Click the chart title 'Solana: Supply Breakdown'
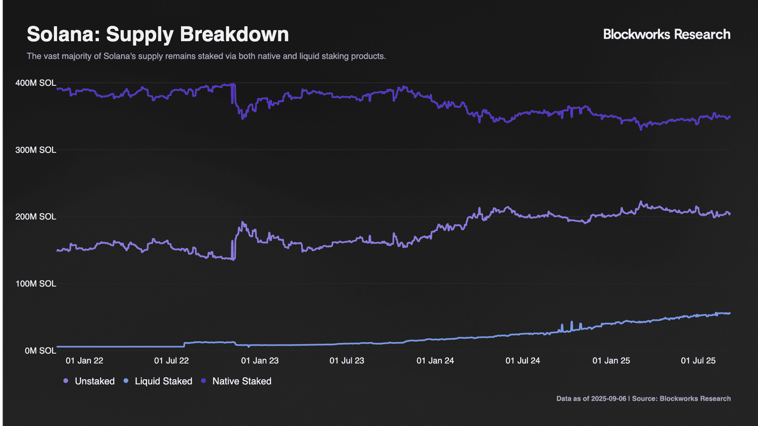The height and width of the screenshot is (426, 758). (x=158, y=35)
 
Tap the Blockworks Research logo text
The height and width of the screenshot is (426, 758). (x=667, y=34)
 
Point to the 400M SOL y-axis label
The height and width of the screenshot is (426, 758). (x=36, y=83)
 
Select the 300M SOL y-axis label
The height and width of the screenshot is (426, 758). (x=36, y=150)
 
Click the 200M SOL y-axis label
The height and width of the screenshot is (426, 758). (x=36, y=217)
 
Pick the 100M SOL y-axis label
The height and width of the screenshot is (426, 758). (x=36, y=284)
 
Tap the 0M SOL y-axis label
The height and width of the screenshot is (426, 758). (x=40, y=351)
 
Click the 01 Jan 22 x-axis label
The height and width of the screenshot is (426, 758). (x=84, y=361)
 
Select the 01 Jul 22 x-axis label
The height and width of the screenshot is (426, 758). (x=171, y=361)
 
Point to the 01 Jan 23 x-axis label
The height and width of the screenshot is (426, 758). (x=260, y=361)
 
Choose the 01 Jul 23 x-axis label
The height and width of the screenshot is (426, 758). (x=347, y=361)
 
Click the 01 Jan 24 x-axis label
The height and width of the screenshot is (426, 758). (x=435, y=361)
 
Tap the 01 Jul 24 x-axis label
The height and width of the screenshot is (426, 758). (x=523, y=361)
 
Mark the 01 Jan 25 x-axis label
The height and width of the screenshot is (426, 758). (x=611, y=361)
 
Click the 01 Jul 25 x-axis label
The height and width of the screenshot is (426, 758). (x=698, y=361)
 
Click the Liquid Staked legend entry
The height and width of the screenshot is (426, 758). (x=158, y=381)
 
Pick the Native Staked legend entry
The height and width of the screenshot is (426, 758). (x=236, y=381)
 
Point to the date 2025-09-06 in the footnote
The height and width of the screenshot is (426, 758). (x=608, y=399)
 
